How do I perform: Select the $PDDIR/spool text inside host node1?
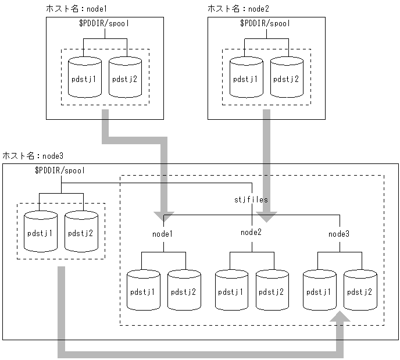pyautogui.click(x=104, y=24)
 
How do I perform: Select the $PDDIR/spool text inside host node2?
pyautogui.click(x=265, y=24)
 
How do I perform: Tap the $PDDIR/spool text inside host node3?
pyautogui.click(x=60, y=170)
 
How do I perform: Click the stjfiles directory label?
pyautogui.click(x=251, y=199)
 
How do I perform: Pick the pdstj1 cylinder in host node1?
pyautogui.click(x=84, y=77)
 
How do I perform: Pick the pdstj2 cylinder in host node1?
pyautogui.click(x=125, y=77)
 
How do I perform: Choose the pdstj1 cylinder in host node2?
pyautogui.click(x=245, y=77)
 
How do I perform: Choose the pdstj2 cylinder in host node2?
pyautogui.click(x=286, y=77)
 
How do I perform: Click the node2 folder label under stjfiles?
pyautogui.click(x=251, y=233)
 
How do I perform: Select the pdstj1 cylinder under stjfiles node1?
pyautogui.click(x=143, y=289)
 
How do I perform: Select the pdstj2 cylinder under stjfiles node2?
pyautogui.click(x=272, y=289)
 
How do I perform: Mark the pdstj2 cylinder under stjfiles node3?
pyautogui.click(x=360, y=289)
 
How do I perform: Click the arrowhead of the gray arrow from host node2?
pyautogui.click(x=267, y=217)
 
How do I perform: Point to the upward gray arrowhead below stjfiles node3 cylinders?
pyautogui.click(x=340, y=316)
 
